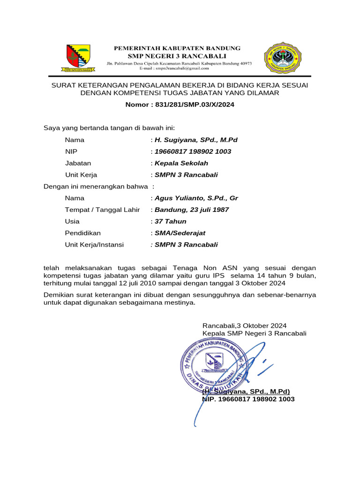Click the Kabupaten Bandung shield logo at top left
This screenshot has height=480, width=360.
(78, 58)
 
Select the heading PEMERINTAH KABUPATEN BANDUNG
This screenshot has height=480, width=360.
(177, 48)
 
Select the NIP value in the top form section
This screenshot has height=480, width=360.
(193, 152)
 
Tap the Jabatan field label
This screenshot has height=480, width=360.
(78, 163)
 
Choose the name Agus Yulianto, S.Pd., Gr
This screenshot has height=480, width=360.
(196, 198)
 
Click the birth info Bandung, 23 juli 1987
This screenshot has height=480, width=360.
(191, 210)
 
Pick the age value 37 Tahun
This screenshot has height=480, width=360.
(170, 221)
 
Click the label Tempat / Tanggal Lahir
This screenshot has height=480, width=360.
(102, 210)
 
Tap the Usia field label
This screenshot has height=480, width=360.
(72, 221)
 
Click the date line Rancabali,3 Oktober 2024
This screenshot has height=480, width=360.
(244, 325)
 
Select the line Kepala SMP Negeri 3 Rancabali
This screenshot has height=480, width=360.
(254, 333)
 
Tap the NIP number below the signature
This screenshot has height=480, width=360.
(248, 399)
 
